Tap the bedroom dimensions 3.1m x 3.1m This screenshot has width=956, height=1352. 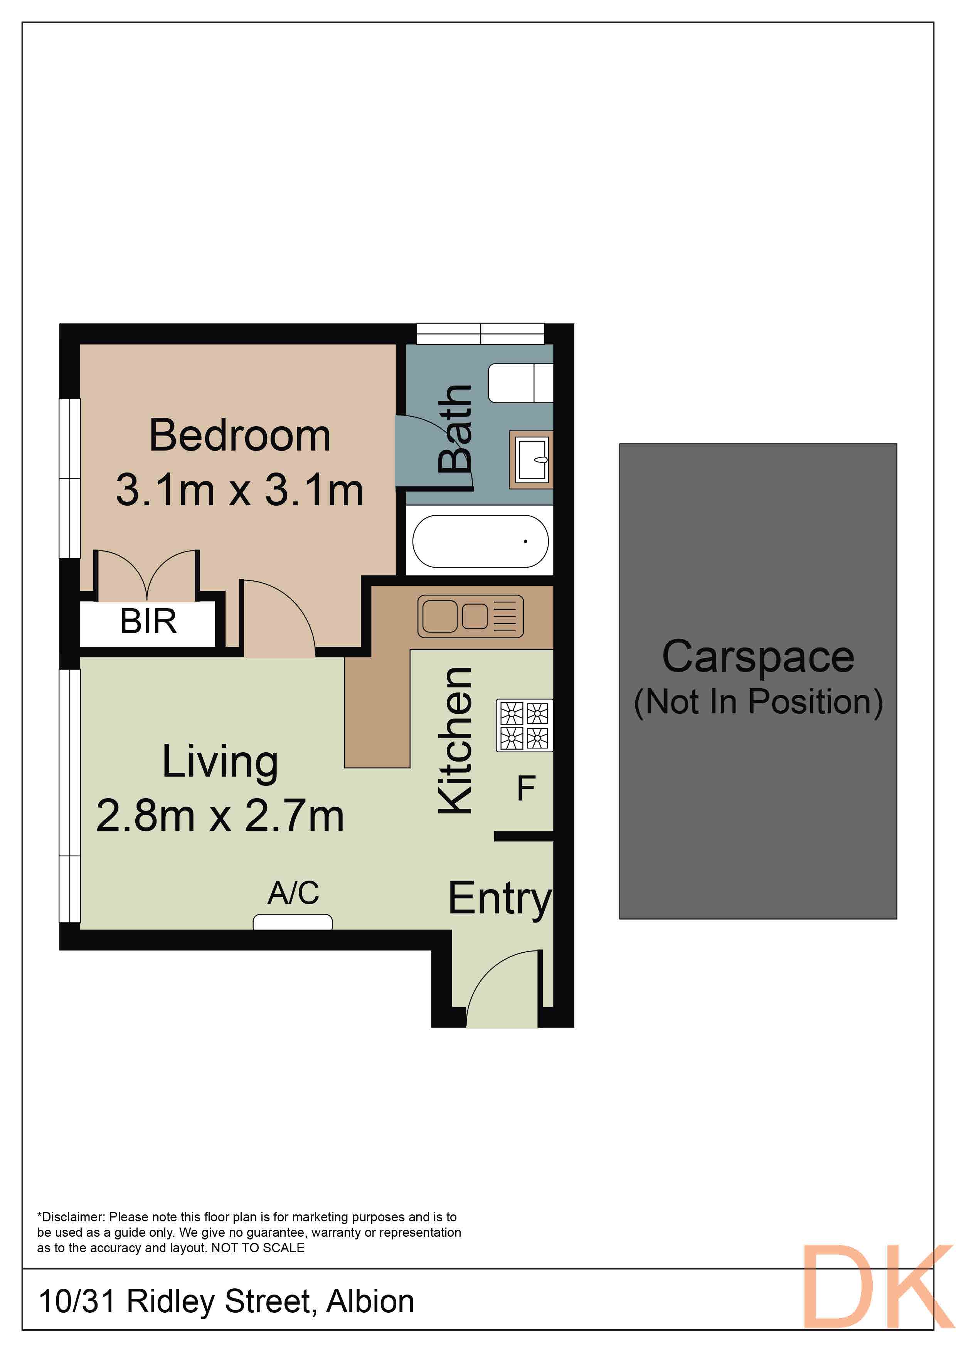(x=240, y=490)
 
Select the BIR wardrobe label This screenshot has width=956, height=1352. (x=148, y=622)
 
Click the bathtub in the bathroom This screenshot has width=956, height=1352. (x=480, y=541)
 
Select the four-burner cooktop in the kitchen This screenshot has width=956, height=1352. (x=524, y=725)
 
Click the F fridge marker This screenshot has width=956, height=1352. (x=526, y=789)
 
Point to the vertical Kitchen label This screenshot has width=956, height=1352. (x=455, y=741)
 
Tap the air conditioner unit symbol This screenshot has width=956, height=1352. (x=293, y=922)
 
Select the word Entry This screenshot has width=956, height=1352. (x=500, y=899)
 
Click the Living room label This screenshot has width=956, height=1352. (x=220, y=762)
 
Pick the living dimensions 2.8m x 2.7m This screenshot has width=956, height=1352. (x=220, y=816)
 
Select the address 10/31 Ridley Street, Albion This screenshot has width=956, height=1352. (x=226, y=1301)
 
